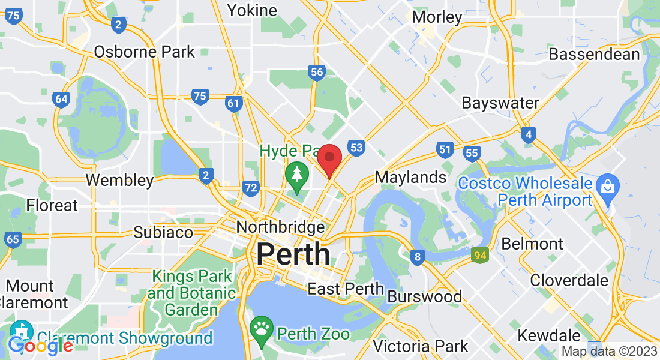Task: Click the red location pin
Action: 329,159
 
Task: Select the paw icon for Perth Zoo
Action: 262,328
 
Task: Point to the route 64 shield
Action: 61,99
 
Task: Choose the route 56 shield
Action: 317,73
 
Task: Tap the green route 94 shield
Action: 479,254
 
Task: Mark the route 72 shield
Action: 251,189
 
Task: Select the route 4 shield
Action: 528,134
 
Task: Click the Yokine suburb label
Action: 252,10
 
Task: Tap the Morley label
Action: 437,17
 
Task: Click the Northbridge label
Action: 280,227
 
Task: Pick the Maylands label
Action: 410,177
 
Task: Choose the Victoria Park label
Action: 420,346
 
